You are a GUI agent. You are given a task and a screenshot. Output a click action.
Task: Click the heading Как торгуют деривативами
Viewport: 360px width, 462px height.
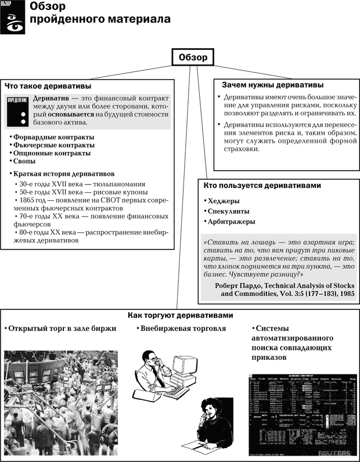tap(180, 315)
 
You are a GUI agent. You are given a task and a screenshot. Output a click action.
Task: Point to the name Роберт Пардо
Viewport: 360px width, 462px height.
tap(243, 285)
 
